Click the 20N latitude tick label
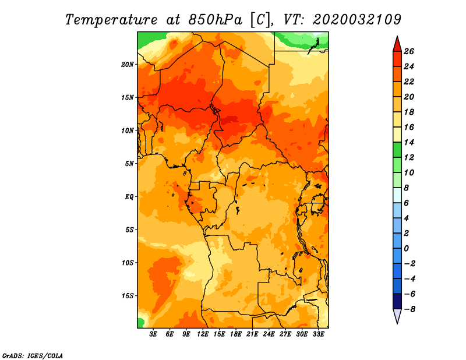point(128,65)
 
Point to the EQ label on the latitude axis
point(129,197)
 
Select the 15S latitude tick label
point(128,296)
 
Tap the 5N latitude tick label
point(129,164)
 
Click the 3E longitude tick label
point(153,334)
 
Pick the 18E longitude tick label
point(235,334)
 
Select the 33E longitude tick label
point(318,334)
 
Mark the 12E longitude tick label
point(202,334)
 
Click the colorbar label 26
point(409,51)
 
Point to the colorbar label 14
point(409,142)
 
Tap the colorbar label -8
point(409,309)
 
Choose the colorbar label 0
point(406,249)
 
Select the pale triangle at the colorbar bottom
point(397,315)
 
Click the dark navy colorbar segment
point(397,301)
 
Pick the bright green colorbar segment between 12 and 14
point(397,150)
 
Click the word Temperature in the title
point(111,20)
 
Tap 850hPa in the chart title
point(216,20)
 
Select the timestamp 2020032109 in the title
point(357,20)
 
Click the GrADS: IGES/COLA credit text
point(33,356)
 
